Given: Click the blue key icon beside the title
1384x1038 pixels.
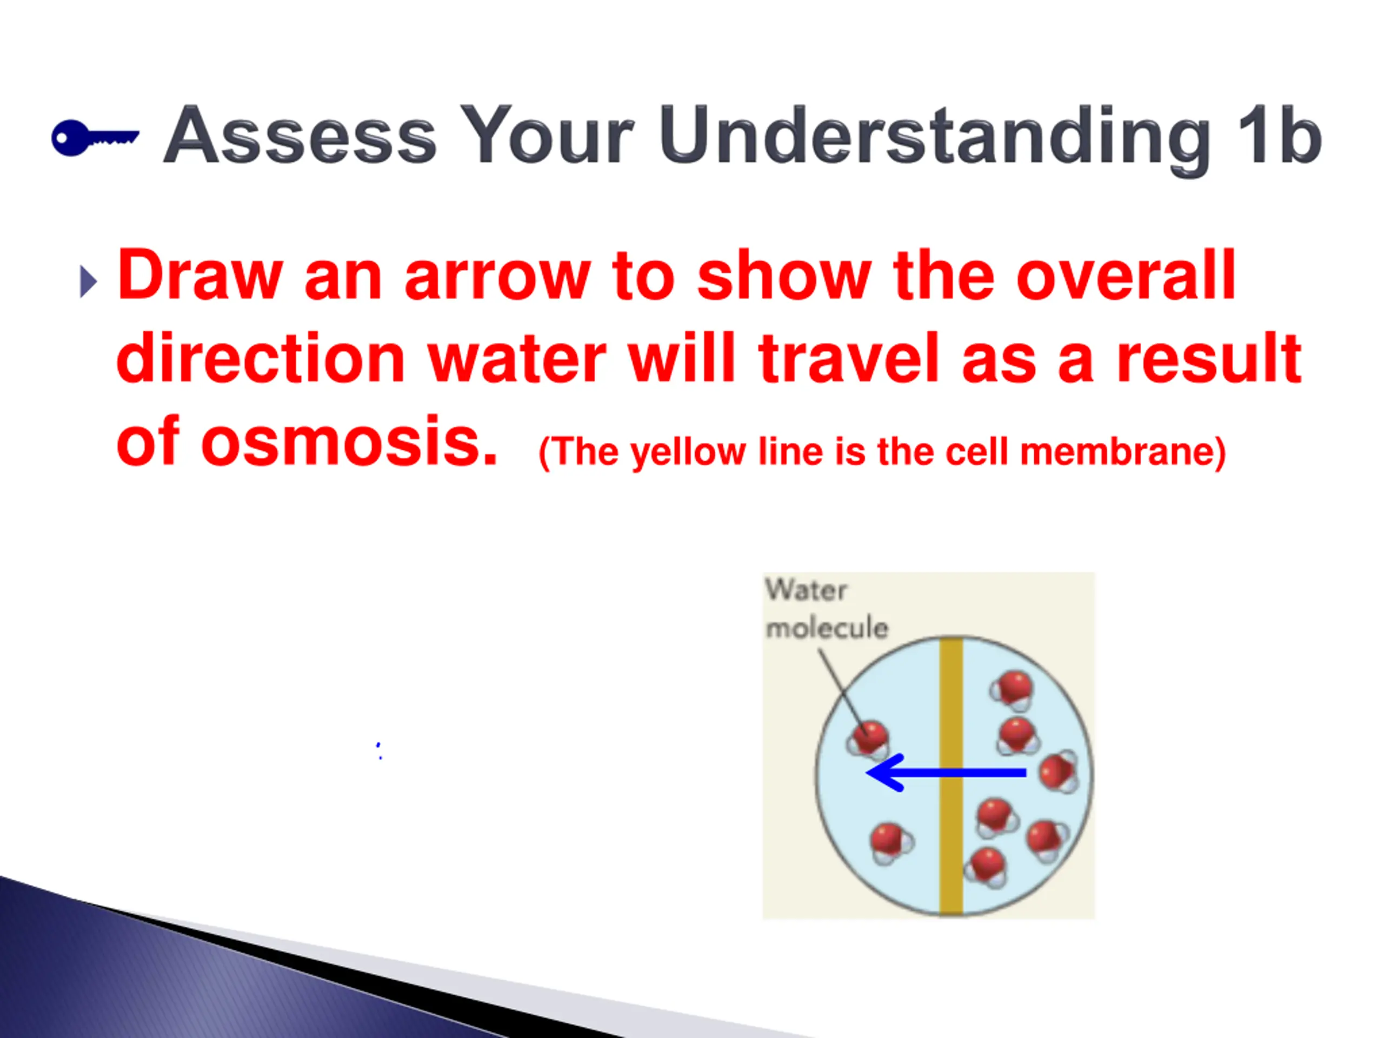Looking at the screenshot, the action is [x=95, y=137].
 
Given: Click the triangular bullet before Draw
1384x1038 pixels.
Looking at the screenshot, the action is [x=89, y=282].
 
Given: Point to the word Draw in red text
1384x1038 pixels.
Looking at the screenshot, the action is [x=199, y=274].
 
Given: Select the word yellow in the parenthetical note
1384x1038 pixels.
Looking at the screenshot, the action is [x=688, y=453].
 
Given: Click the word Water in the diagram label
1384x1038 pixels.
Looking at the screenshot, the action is [x=806, y=589].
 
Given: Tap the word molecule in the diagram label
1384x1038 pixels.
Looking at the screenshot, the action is [x=827, y=627].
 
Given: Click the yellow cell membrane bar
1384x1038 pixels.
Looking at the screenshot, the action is [x=951, y=776].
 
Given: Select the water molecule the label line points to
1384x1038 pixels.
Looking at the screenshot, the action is [x=868, y=740].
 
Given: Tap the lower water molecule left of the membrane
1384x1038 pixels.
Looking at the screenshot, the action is [x=891, y=843].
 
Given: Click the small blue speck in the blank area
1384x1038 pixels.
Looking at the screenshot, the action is [x=379, y=751].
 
